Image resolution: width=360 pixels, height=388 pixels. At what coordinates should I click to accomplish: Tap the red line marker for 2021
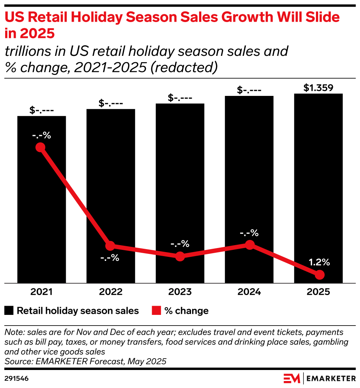pos(40,147)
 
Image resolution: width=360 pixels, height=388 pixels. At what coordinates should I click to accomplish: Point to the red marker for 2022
pos(110,246)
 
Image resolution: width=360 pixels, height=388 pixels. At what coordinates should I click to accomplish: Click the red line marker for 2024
pos(250,245)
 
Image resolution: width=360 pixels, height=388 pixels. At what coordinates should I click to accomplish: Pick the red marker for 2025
pos(320,274)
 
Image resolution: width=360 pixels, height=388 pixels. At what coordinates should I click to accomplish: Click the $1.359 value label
pos(318,88)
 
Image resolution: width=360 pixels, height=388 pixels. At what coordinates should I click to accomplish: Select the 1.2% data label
pos(319,262)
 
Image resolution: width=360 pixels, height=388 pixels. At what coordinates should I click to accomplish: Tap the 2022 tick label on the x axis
pos(111,292)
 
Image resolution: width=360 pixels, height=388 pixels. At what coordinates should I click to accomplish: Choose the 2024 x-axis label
pos(249,292)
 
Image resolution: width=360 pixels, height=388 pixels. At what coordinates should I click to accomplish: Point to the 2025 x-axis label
pos(318,292)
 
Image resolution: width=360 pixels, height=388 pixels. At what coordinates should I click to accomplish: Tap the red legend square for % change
pos(156,311)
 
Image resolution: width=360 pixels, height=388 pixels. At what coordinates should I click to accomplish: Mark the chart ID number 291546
pos(17,378)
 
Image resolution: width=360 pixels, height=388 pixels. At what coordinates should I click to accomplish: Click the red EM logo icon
pos(291,378)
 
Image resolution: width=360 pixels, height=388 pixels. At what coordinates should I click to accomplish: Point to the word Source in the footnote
pos(17,361)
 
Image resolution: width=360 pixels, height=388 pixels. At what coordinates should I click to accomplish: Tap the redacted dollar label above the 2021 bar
pos(42,110)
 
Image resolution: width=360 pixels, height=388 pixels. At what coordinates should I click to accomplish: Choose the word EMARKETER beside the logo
pos(331,378)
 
